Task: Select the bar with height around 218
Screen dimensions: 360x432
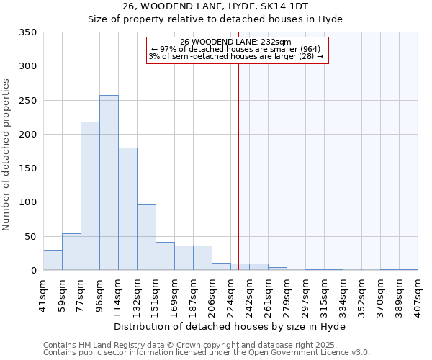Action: coord(90,196)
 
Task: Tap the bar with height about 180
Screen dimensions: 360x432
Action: coord(127,209)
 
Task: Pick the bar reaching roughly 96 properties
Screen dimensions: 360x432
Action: coord(146,238)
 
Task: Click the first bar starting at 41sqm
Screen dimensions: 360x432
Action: coord(53,260)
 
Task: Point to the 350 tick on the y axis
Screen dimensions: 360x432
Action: coord(27,32)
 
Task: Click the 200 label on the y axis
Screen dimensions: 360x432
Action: coord(27,135)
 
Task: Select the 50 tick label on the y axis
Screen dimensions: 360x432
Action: coord(30,236)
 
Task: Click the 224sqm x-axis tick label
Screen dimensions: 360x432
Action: coord(231,295)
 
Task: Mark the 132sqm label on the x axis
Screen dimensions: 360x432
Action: coord(138,295)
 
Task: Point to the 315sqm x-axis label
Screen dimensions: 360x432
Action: coord(325,295)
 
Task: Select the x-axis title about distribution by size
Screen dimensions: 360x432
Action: coord(230,326)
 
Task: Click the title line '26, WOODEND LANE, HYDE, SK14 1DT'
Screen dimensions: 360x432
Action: coord(215,6)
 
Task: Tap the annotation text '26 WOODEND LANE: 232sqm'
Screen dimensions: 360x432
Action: coord(235,42)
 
